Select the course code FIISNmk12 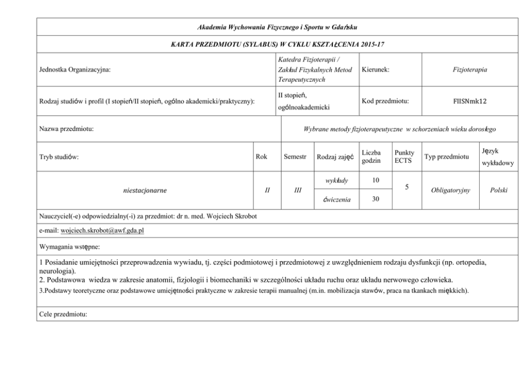pyautogui.click(x=469, y=101)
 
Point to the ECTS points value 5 pyautogui.click(x=407, y=188)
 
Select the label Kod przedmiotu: pyautogui.click(x=385, y=101)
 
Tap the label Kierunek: pyautogui.click(x=376, y=70)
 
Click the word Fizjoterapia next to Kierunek pyautogui.click(x=469, y=70)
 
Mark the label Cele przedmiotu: pyautogui.click(x=63, y=314)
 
